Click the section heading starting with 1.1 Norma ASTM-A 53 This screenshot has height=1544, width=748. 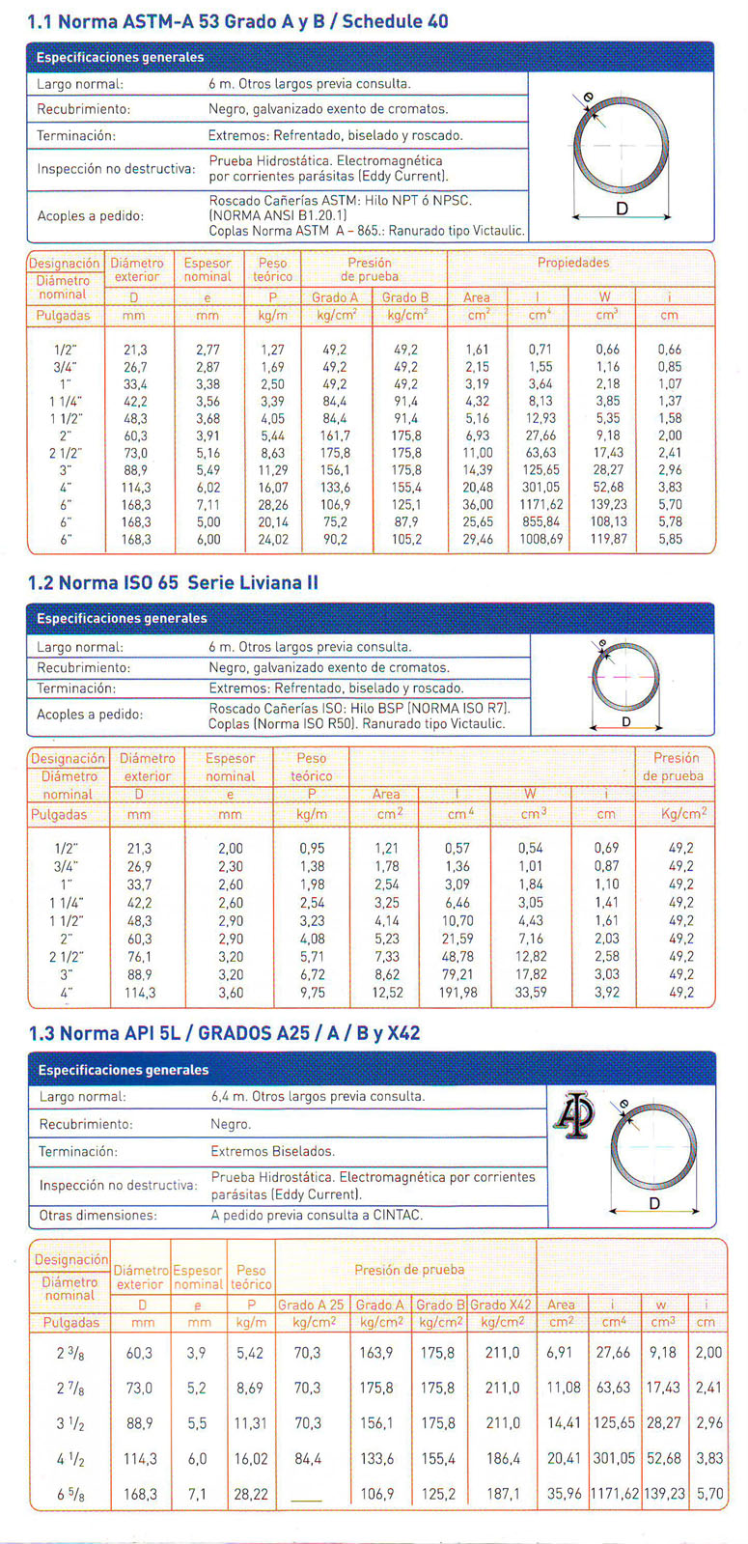(x=237, y=21)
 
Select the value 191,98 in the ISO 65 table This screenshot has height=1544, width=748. (x=457, y=992)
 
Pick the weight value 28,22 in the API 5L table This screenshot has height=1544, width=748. (x=251, y=1493)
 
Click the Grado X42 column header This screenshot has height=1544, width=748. (x=501, y=1305)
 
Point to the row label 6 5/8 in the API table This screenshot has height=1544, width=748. (x=69, y=1493)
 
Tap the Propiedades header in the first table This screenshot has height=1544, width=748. (x=573, y=263)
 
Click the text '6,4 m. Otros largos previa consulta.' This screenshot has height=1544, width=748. (x=317, y=1096)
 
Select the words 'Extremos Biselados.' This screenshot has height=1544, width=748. (x=272, y=1151)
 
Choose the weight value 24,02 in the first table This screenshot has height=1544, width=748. (x=273, y=539)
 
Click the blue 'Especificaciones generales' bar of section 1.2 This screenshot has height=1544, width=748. (x=371, y=618)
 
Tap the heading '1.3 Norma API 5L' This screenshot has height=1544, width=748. (x=224, y=1033)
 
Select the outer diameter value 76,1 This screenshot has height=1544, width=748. (x=139, y=956)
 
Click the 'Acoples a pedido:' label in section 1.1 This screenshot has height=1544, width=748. (x=90, y=215)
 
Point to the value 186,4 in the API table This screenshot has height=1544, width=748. (x=503, y=1458)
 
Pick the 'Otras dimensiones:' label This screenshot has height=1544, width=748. (x=97, y=1215)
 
